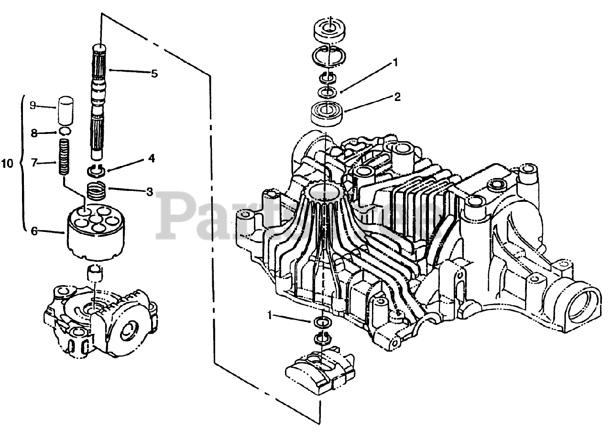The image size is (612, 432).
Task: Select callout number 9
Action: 33,105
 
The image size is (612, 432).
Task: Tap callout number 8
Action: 33,134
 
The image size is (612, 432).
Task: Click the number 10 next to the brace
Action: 7,164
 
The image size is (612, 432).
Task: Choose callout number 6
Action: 34,231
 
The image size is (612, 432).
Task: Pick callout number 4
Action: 151,159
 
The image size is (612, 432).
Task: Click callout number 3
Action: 150,192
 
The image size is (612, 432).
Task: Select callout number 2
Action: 396,97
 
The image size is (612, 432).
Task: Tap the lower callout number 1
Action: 271,315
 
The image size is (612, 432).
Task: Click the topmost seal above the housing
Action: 328,30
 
